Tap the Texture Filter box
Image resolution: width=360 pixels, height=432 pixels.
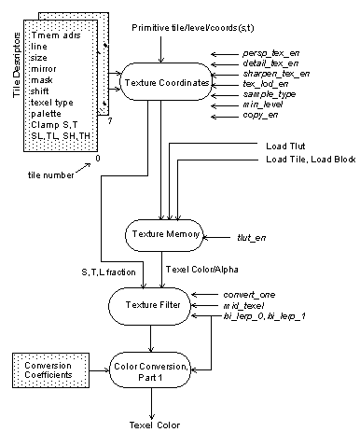(x=149, y=304)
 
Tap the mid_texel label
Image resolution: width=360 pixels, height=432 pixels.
(x=246, y=305)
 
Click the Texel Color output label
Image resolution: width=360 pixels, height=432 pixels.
(x=154, y=425)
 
